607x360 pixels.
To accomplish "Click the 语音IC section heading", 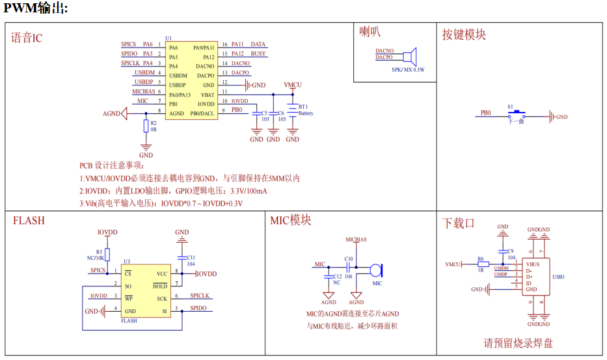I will point(27,37).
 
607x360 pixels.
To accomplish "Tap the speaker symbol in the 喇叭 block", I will point(409,55).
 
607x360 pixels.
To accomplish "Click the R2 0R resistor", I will point(146,126).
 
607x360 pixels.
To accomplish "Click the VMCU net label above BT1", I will point(292,85).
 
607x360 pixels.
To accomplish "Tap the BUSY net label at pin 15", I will point(258,54).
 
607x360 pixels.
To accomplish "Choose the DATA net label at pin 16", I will point(258,45).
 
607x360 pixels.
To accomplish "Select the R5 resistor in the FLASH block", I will point(108,255).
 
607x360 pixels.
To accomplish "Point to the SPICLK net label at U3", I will point(199,296).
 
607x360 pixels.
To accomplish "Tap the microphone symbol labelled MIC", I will point(376,269).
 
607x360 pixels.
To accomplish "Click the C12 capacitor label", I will point(337,277).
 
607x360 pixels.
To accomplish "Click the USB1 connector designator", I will point(558,277).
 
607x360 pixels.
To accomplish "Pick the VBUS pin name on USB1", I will point(533,265).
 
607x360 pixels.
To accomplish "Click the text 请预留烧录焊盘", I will point(518,343).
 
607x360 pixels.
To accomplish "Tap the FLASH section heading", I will point(29,221).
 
